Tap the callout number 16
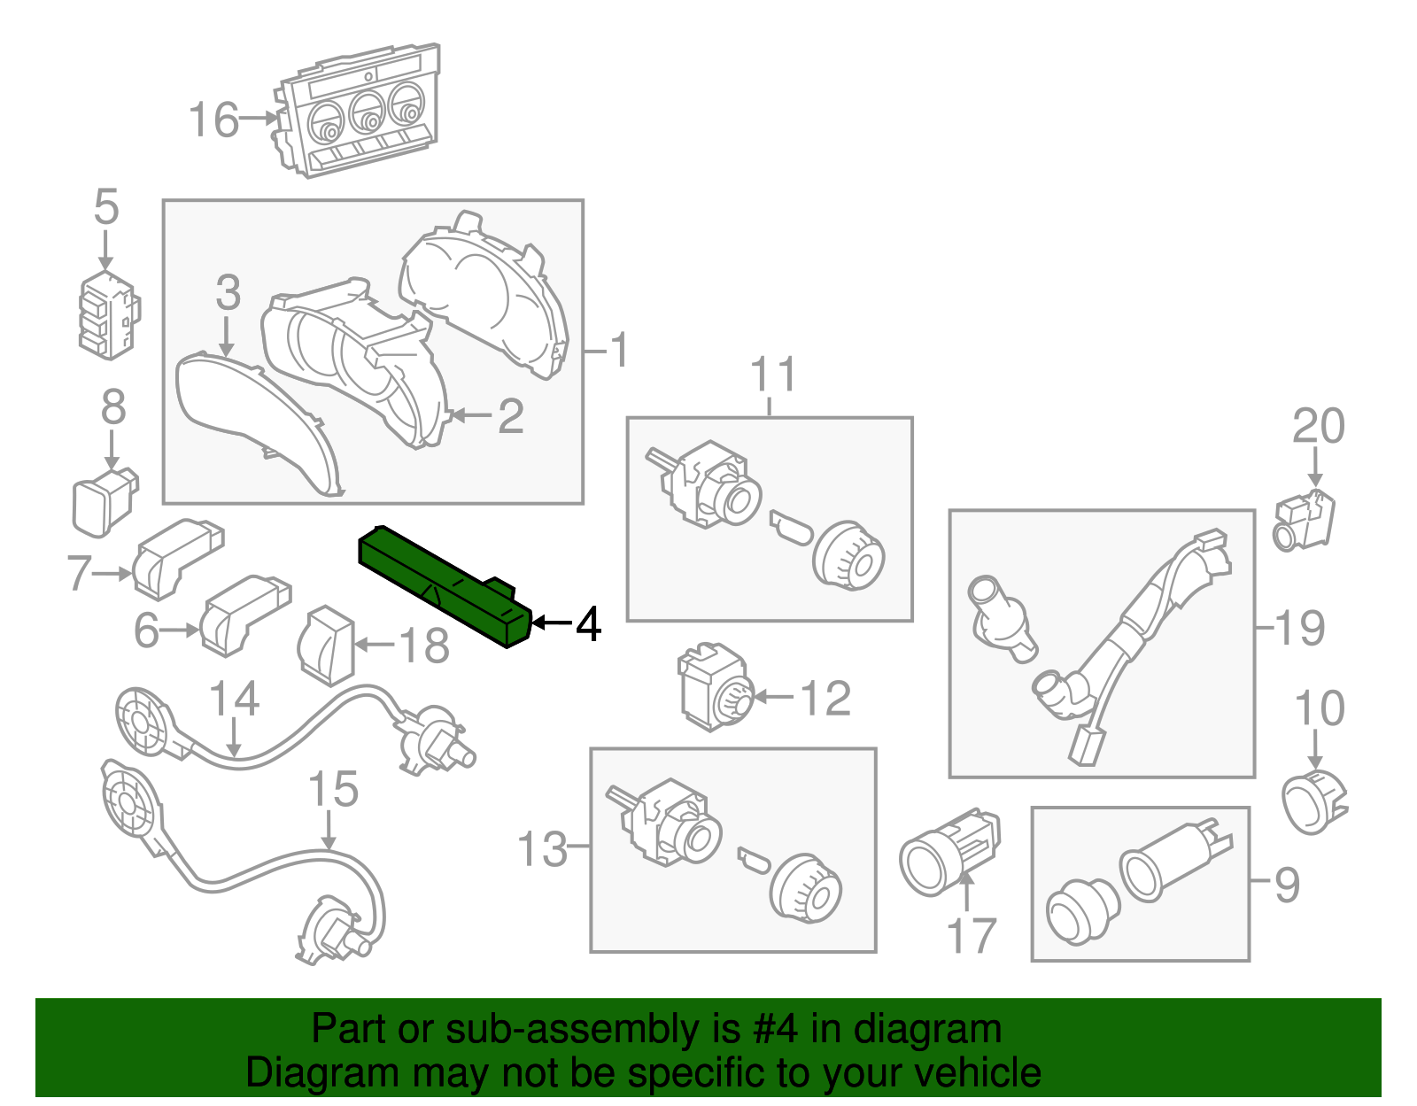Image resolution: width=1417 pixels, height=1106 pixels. (213, 120)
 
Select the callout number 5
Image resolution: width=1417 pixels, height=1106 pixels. (105, 208)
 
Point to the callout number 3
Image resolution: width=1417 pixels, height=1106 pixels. (228, 293)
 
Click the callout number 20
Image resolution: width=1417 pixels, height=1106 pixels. (1318, 427)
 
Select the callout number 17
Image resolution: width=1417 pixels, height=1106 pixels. (972, 936)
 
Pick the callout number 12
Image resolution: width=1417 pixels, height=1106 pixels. (825, 699)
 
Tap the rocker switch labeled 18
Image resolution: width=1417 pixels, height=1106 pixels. (325, 646)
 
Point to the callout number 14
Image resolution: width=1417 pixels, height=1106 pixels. (235, 700)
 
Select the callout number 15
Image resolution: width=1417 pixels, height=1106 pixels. (334, 790)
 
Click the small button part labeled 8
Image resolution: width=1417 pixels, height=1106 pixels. (104, 503)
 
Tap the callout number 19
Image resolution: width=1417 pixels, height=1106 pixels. (1300, 629)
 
